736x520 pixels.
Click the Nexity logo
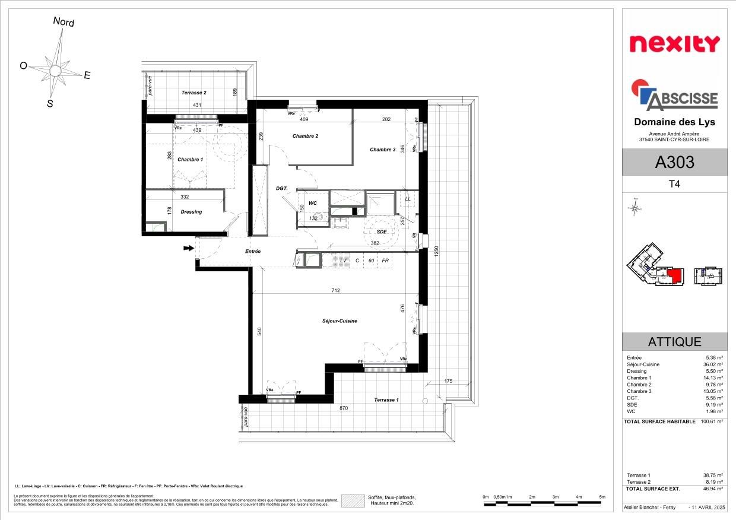(x=674, y=43)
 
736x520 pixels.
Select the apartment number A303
(x=674, y=162)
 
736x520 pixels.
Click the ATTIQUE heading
(x=674, y=342)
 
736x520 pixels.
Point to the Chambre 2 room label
(x=305, y=136)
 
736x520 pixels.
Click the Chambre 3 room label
(x=382, y=150)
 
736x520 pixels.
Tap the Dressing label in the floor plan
(x=191, y=212)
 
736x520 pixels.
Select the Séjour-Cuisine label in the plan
(x=340, y=321)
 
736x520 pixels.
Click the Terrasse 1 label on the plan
(x=386, y=400)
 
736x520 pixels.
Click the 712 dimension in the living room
(x=336, y=291)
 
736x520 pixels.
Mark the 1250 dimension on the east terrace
(x=436, y=251)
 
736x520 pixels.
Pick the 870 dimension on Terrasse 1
(x=344, y=408)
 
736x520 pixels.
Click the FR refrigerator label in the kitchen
(x=385, y=261)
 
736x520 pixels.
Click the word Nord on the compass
(x=64, y=22)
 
